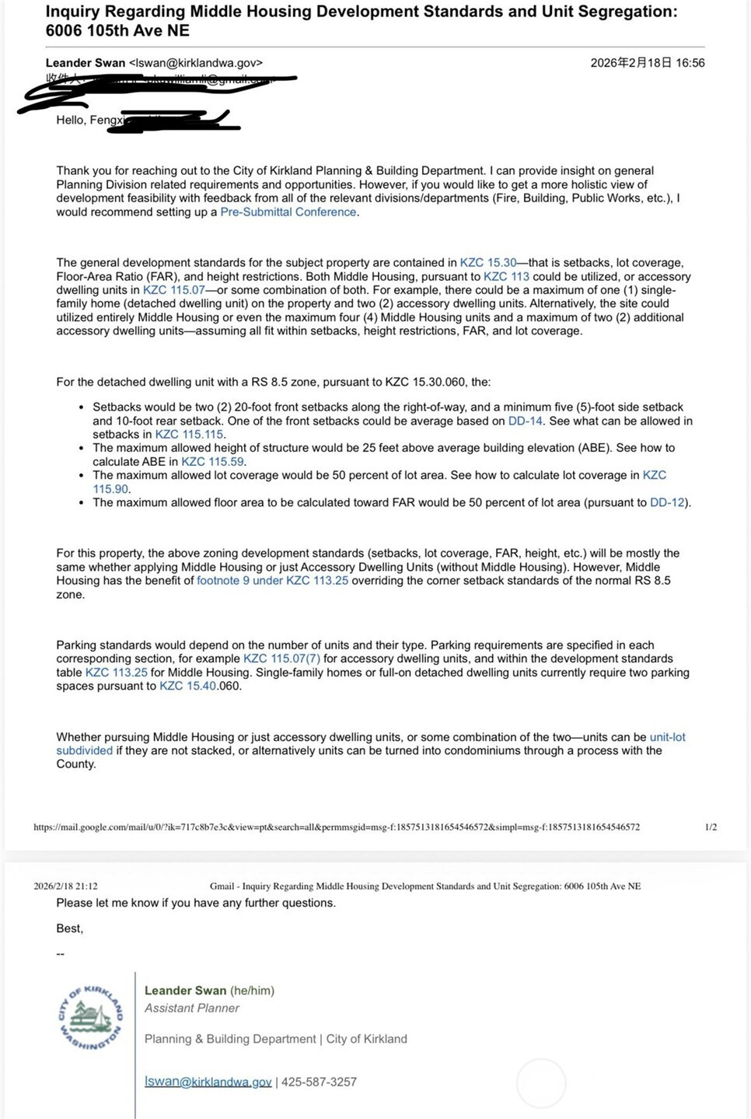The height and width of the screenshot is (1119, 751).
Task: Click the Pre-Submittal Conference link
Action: point(288,212)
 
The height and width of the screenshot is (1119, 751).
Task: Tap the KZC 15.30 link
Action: point(488,263)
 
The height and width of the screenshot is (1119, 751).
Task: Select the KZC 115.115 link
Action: point(189,435)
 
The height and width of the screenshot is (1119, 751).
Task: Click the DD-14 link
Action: point(526,421)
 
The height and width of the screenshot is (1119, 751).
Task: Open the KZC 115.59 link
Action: point(212,462)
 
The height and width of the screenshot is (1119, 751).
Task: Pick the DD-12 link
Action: point(668,502)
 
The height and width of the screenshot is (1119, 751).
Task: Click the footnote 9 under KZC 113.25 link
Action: point(272,581)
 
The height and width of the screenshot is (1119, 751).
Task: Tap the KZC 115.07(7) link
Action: point(281,659)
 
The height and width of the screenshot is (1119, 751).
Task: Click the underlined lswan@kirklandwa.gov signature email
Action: point(208,1082)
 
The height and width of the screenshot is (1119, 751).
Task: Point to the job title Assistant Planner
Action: point(191,1008)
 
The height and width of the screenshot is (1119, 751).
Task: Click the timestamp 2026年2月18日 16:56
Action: point(647,63)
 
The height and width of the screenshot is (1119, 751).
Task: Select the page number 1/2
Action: point(711,827)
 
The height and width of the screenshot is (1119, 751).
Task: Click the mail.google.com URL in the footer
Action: point(337,827)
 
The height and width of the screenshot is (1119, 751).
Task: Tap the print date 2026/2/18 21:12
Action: point(65,886)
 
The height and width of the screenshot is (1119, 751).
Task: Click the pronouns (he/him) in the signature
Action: point(252,991)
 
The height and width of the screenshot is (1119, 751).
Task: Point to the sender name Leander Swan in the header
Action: point(86,63)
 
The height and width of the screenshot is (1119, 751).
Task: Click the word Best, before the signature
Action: point(69,928)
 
